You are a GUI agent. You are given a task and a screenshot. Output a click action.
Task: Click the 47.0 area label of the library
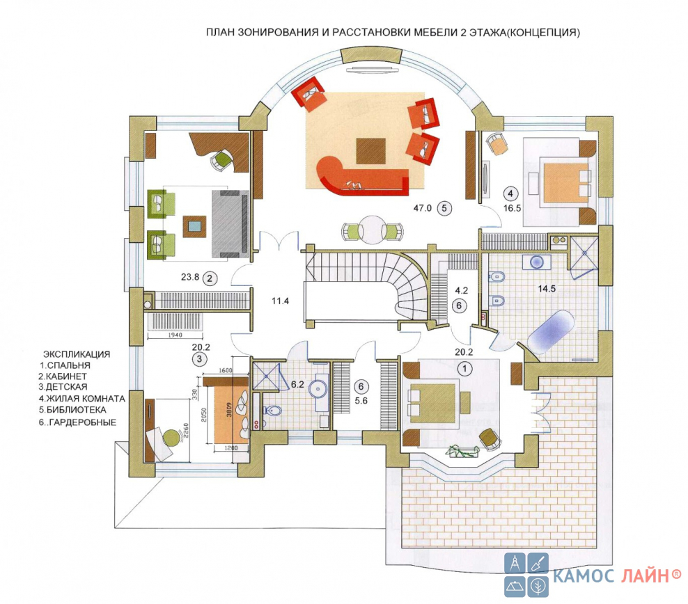coord(422,208)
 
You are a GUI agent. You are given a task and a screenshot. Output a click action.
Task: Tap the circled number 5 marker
coord(444,208)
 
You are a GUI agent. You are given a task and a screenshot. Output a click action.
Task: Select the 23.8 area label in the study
coord(190,277)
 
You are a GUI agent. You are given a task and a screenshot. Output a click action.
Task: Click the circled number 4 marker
coord(510,193)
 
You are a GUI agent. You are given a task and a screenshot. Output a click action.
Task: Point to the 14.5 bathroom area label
coord(547,288)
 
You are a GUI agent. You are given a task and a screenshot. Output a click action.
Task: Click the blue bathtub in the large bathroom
coord(551,332)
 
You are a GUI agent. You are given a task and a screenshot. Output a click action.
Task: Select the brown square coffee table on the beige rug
coord(370,151)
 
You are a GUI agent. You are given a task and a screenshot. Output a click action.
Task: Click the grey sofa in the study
coord(230,223)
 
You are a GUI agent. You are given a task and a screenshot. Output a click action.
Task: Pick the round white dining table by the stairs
coord(372,230)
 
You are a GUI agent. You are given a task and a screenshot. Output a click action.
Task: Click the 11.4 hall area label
coord(280,301)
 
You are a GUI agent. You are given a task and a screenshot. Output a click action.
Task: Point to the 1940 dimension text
coord(175,335)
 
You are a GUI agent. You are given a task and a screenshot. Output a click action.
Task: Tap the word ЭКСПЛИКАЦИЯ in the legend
coord(77,354)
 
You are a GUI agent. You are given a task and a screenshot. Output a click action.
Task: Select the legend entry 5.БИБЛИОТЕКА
coord(72,411)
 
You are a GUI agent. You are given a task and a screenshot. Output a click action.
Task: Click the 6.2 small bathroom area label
coord(297,384)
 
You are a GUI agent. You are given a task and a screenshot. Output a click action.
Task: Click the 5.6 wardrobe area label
coord(361,401)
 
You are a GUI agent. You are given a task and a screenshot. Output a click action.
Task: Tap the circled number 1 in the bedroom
coord(464,368)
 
